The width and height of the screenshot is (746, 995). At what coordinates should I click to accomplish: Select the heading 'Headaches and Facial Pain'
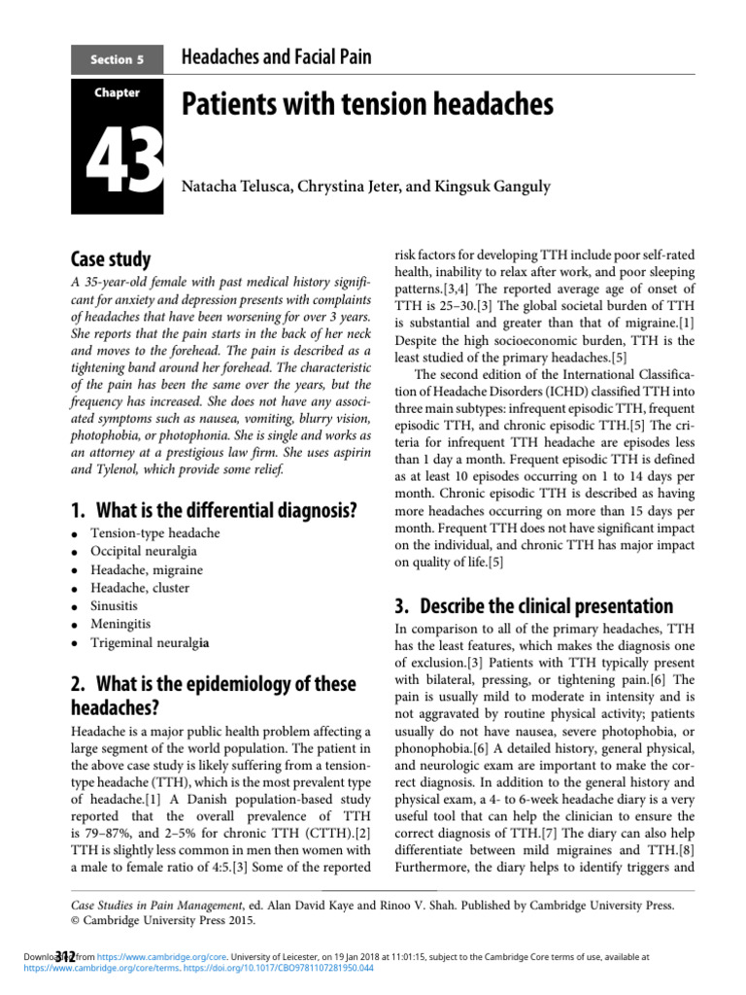coord(277,58)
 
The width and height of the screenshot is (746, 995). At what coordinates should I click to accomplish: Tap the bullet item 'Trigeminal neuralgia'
coord(151,642)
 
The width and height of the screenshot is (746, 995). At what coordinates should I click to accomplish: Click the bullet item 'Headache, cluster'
coord(140,588)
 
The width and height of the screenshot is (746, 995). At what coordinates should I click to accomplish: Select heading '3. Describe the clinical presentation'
coord(533,605)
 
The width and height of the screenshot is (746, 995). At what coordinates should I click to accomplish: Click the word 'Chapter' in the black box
coord(117,93)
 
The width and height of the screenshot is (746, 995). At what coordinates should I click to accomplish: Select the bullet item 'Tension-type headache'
coord(154,533)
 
